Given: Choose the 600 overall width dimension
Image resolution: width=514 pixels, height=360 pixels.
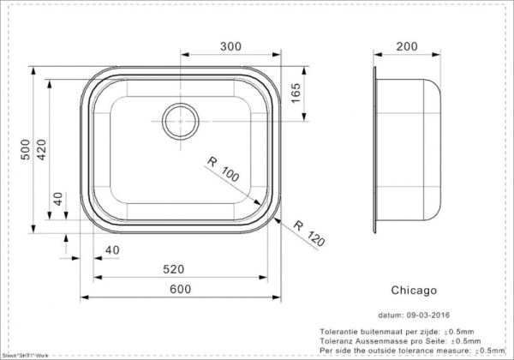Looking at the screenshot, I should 179,291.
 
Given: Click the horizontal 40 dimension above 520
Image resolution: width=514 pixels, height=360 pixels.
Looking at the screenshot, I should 111,249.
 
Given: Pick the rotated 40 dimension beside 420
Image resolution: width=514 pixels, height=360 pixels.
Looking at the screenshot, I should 57,200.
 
